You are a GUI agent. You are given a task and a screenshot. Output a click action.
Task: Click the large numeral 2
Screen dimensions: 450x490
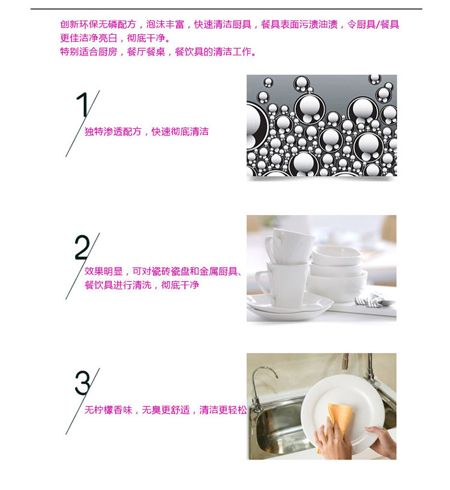click(82, 247)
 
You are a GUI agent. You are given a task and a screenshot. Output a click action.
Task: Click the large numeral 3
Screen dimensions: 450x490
click(82, 383)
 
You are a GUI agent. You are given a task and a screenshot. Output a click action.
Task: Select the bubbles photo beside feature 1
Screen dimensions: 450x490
click(322, 126)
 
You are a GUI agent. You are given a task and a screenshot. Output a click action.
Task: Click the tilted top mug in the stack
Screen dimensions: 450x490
click(289, 246)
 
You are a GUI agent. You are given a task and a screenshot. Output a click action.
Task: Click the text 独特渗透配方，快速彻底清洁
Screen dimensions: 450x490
click(146, 132)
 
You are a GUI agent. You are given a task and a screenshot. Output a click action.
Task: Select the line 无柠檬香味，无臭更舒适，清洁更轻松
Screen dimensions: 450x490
click(166, 410)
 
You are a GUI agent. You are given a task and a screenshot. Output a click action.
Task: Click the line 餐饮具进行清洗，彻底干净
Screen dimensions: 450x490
click(142, 285)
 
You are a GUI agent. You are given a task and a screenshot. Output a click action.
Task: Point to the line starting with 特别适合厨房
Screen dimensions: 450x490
click(158, 52)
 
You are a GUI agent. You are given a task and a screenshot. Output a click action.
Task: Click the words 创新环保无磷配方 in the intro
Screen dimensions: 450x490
click(98, 25)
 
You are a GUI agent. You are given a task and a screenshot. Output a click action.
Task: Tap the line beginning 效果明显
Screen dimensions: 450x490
click(163, 271)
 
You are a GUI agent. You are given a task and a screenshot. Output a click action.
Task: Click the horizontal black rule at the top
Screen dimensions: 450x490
click(226, 9)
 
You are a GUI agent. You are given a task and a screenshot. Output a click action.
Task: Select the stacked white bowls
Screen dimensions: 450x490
click(337, 273)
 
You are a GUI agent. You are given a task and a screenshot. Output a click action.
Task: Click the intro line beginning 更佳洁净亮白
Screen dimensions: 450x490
click(116, 38)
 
